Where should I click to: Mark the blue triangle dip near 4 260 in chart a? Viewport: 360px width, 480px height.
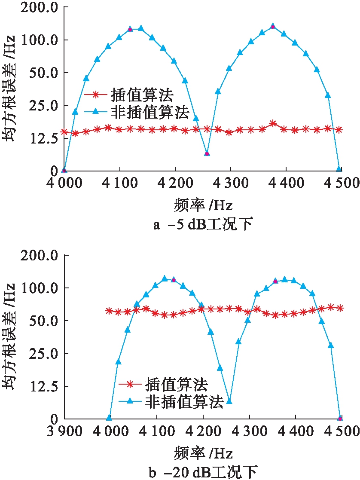pyautogui.click(x=207, y=153)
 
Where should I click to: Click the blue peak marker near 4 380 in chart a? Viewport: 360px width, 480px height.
pyautogui.click(x=273, y=26)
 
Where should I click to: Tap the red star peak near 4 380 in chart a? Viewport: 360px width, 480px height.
pyautogui.click(x=273, y=124)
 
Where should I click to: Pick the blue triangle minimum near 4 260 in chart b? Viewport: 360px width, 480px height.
pyautogui.click(x=229, y=401)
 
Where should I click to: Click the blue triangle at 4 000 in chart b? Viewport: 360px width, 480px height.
pyautogui.click(x=109, y=417)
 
